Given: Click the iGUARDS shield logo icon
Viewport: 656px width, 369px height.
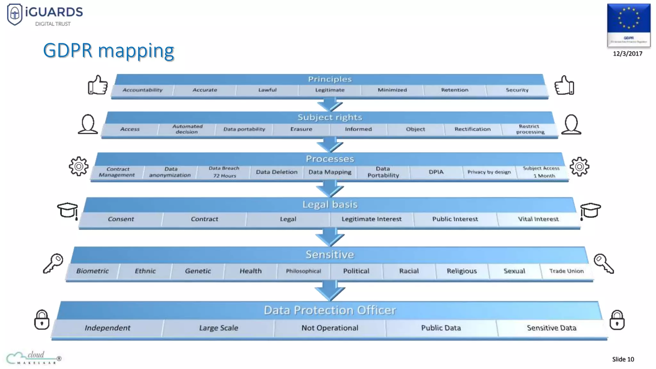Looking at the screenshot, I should [15, 14].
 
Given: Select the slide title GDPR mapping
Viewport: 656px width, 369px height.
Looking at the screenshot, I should [109, 51].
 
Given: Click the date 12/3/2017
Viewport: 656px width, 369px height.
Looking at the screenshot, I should [627, 53].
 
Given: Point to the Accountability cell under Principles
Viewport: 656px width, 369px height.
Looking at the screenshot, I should [143, 90].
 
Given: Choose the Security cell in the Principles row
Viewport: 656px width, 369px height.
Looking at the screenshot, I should [517, 90].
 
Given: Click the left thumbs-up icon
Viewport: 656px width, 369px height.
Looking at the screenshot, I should [98, 85].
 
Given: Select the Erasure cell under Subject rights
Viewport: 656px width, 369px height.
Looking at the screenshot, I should [301, 129].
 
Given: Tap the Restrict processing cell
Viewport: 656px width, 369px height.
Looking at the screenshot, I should [530, 129].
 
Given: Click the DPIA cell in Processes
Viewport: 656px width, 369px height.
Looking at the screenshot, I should [436, 172].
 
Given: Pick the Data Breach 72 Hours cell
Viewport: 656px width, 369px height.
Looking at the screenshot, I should [224, 172].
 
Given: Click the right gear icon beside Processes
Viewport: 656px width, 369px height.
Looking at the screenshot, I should [579, 167].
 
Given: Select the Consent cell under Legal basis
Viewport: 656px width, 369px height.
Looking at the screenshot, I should [121, 219].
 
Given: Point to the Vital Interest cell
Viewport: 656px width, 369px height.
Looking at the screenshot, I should [538, 219].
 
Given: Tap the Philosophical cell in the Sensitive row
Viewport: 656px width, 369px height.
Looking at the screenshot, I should [303, 271].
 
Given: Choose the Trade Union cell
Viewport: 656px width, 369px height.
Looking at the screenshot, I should [566, 271].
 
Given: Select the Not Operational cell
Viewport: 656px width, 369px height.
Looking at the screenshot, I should [330, 328].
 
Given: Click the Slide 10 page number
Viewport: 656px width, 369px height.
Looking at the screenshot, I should [623, 359].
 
